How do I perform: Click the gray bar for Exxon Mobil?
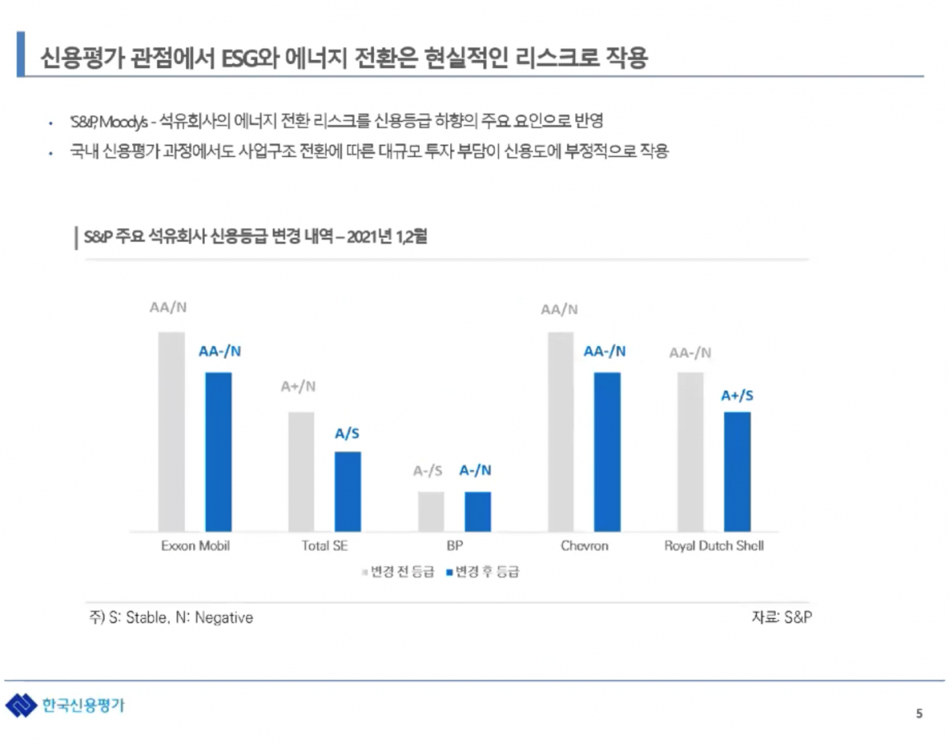[172, 431]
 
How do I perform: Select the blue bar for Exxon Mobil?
[218, 451]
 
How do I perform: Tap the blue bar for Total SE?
[348, 491]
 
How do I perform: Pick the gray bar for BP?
[431, 511]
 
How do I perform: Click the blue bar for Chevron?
[607, 451]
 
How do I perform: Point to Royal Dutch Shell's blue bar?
[737, 471]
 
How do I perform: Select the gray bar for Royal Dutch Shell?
[690, 451]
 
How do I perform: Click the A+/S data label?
[737, 396]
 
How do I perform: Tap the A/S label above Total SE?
[348, 434]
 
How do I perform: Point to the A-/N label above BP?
[475, 470]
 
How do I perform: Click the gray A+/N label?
[298, 387]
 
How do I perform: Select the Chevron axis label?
[584, 546]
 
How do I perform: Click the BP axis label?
[455, 546]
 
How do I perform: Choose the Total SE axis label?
[324, 546]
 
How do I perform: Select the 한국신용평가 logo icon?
[21, 705]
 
